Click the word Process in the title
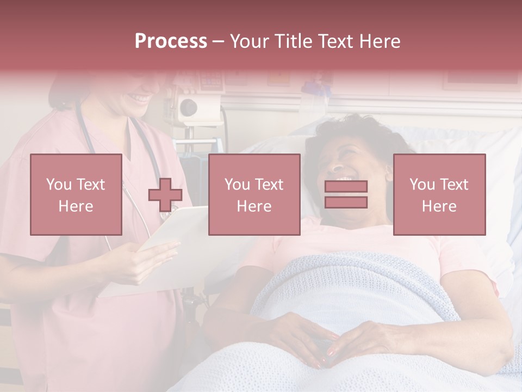[171, 41]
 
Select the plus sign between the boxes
[165, 195]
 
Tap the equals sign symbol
[346, 194]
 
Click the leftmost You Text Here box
[76, 194]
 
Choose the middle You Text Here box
[254, 194]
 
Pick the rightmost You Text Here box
[439, 194]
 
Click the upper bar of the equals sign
[346, 187]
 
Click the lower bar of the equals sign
[346, 203]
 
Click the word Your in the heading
[249, 41]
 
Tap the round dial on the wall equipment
[188, 106]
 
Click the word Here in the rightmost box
[439, 206]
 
